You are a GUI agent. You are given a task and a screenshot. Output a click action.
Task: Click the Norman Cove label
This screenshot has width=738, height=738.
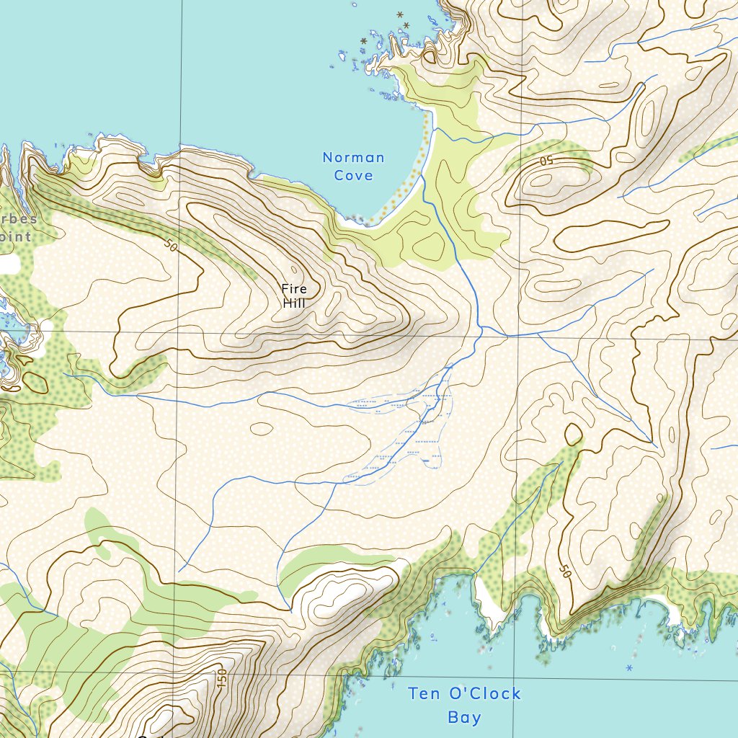353,166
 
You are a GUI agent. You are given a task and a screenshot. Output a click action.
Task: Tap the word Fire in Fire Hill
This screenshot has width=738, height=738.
294,289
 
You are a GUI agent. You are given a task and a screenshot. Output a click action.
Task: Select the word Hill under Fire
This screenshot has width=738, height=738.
294,303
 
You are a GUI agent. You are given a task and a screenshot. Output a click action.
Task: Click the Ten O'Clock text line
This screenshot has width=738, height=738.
464,694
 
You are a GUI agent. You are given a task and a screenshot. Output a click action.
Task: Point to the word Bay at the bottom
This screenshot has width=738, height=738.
464,717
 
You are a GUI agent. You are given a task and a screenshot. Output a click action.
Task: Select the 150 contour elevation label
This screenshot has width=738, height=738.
222,678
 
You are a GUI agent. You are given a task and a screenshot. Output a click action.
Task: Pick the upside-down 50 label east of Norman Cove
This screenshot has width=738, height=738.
546,160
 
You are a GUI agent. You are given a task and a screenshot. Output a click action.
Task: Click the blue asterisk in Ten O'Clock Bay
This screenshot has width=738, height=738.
629,669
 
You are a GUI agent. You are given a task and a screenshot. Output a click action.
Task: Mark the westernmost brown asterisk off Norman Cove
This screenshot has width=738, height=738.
364,41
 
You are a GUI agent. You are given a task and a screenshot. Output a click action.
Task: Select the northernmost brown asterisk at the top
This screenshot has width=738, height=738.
401,14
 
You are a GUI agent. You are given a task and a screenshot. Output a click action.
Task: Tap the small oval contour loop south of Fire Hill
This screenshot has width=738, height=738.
262,428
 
